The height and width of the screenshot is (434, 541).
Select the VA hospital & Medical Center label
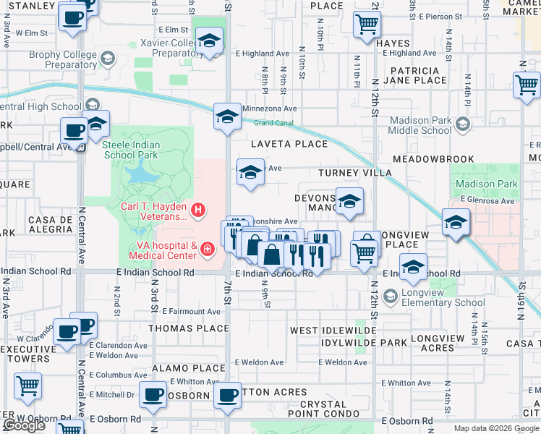coord(163,250)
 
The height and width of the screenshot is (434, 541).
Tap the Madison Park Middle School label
coord(419,125)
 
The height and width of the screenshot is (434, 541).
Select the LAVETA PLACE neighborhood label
coord(289,144)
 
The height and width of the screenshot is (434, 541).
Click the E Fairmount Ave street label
coord(191,311)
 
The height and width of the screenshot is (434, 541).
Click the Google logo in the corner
coord(25,425)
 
